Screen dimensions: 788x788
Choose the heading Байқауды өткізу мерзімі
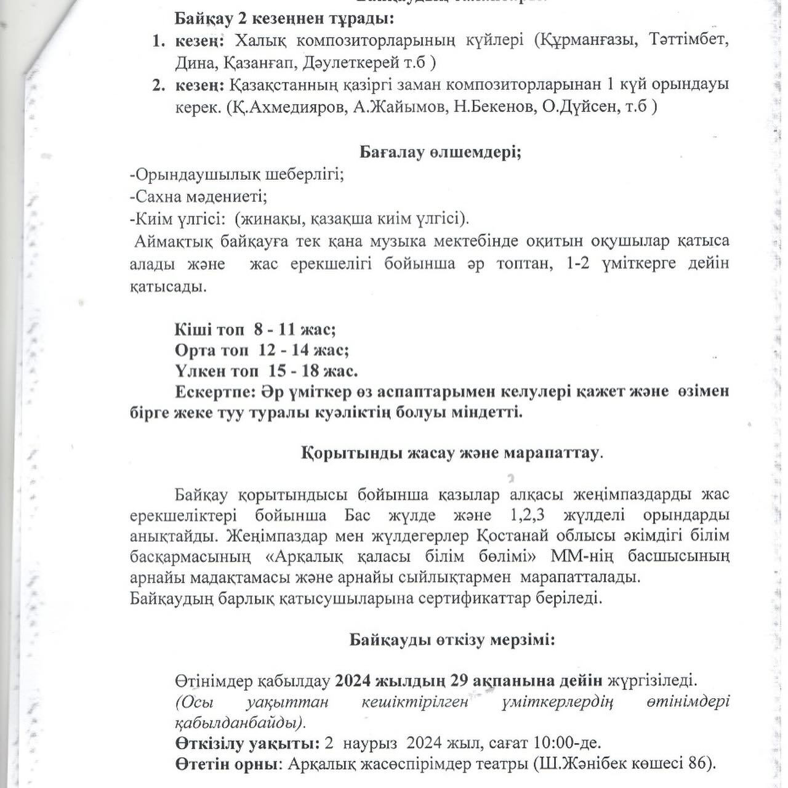452,640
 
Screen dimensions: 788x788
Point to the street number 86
697,764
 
